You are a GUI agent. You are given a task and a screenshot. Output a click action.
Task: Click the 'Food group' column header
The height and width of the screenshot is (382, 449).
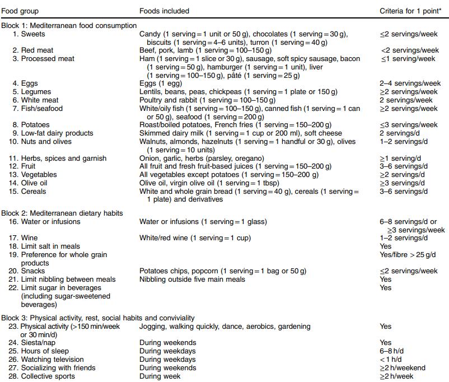(x=20, y=11)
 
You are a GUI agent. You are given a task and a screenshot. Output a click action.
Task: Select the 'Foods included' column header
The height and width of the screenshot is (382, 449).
(x=164, y=11)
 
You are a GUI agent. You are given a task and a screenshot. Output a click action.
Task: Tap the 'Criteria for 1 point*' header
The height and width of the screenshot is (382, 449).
(x=408, y=11)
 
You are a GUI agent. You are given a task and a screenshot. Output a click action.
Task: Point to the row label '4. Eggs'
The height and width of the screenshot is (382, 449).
(x=26, y=83)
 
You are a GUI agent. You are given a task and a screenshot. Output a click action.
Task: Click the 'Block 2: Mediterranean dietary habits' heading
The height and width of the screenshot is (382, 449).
(x=62, y=213)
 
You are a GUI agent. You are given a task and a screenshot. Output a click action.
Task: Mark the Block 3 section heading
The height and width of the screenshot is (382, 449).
(x=98, y=318)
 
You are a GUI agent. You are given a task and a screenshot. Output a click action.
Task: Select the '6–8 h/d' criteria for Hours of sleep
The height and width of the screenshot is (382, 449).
(x=391, y=351)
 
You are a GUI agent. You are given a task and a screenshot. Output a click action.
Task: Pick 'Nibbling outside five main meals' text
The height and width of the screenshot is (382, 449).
(x=191, y=279)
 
